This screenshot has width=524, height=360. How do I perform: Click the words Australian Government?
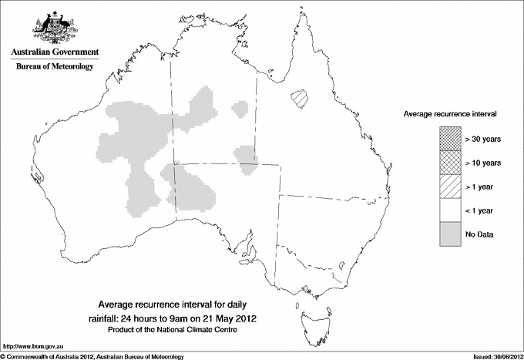click(x=52, y=52)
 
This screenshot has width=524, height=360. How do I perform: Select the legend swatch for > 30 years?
click(x=450, y=138)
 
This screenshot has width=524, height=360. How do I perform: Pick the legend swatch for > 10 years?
click(x=450, y=162)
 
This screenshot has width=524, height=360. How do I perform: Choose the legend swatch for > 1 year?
click(x=450, y=186)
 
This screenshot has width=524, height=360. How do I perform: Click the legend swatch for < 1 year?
click(x=450, y=210)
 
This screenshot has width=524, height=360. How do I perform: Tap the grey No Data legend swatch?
click(x=450, y=234)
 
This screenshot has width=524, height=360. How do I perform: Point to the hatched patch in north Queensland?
click(x=299, y=98)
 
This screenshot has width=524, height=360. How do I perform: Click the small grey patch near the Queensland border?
click(x=246, y=154)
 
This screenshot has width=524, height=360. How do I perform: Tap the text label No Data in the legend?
click(x=479, y=234)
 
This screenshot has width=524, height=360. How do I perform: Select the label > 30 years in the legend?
click(x=483, y=138)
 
